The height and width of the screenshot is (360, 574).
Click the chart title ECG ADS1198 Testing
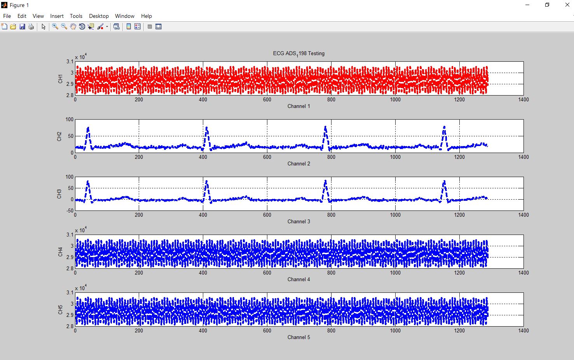coord(298,54)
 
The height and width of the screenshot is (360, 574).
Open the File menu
coord(7,16)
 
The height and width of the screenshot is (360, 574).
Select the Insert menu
coord(57,16)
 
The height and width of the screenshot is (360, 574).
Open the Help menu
coord(147,16)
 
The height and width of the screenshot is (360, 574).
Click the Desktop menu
coord(99,16)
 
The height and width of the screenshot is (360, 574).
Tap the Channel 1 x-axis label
coord(298,106)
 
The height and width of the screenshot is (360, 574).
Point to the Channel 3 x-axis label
coord(298,221)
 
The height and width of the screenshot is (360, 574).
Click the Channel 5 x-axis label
coord(298,337)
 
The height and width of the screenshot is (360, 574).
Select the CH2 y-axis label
coord(59,136)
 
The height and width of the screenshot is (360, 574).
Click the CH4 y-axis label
coord(60,252)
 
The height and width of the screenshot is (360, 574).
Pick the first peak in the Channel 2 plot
coord(88,128)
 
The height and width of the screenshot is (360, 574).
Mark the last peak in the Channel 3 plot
coord(444,181)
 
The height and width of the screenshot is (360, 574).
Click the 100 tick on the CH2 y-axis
coord(70,119)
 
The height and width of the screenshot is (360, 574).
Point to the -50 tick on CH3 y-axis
coord(69,210)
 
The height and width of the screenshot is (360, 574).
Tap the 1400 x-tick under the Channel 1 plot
coord(523,99)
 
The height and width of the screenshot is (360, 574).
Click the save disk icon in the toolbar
coord(22,27)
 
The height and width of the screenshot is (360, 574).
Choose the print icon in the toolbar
coord(31,27)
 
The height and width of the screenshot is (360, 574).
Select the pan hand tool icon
coord(73,27)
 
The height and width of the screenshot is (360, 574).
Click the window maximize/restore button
coord(547,5)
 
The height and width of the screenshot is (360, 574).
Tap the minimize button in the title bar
coord(527,5)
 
